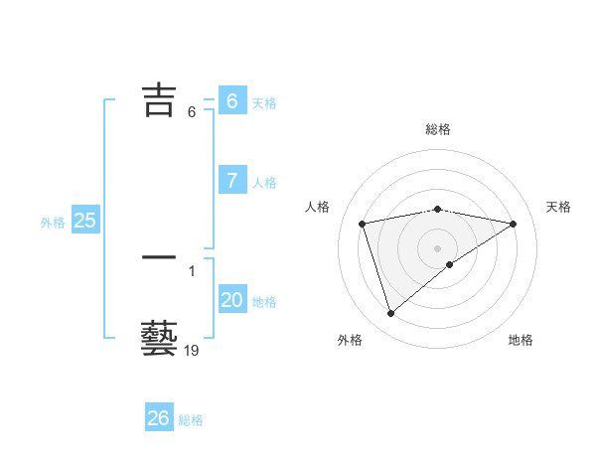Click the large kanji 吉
point(160,99)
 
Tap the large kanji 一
point(160,258)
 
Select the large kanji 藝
point(160,339)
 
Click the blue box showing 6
point(232,101)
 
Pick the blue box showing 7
point(232,180)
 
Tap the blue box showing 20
point(232,300)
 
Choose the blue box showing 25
point(85,221)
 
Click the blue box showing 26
point(159,418)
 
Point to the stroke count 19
point(192,351)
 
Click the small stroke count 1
point(192,270)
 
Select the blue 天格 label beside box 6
point(264,103)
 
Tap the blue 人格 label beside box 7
point(264,183)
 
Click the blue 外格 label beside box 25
point(53,223)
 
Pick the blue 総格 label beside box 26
point(191,420)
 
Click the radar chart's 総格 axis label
point(438,129)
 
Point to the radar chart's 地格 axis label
point(521,340)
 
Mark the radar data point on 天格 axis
point(514,224)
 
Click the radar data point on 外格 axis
point(390,314)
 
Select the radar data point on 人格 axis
point(363,224)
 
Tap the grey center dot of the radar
point(438,247)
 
